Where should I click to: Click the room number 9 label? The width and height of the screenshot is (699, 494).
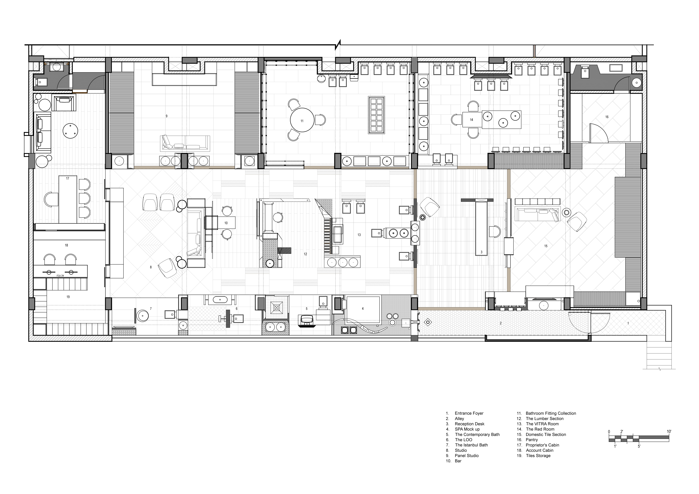point(167,116)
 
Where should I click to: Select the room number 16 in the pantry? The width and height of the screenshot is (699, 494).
point(607,117)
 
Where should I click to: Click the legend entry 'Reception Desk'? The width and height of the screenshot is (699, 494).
point(469,424)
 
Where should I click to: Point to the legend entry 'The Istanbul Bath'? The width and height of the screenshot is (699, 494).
point(471,445)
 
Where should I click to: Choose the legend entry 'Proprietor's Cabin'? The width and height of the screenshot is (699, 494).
point(542,445)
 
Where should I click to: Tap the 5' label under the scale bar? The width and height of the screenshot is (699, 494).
point(639,447)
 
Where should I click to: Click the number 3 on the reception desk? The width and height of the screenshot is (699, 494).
point(481,252)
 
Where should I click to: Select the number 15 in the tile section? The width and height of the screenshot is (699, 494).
point(546,246)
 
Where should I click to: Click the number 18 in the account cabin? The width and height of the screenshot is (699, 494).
point(66,245)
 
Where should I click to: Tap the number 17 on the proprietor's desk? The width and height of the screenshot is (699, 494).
point(68,178)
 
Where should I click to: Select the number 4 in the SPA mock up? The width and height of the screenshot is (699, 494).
point(363,309)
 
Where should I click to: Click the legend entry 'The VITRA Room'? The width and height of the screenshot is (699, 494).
point(542,424)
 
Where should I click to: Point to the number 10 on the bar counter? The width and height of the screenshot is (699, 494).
point(226,223)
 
